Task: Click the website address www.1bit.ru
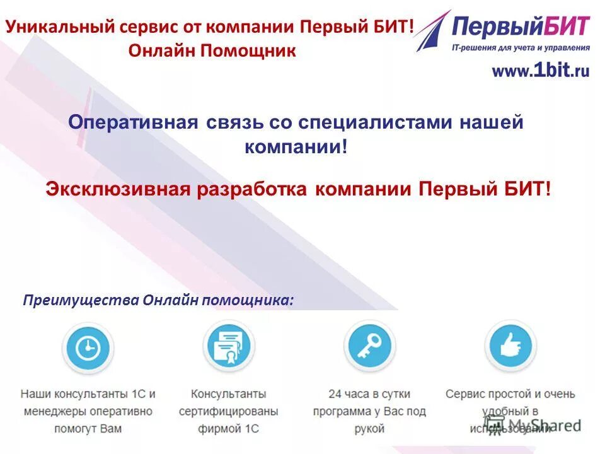point(540,71)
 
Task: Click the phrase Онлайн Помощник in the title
point(212,50)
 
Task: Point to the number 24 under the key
point(335,394)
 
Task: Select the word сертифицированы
point(228,412)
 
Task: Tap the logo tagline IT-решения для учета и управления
point(521,47)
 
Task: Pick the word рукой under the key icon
point(369,429)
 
